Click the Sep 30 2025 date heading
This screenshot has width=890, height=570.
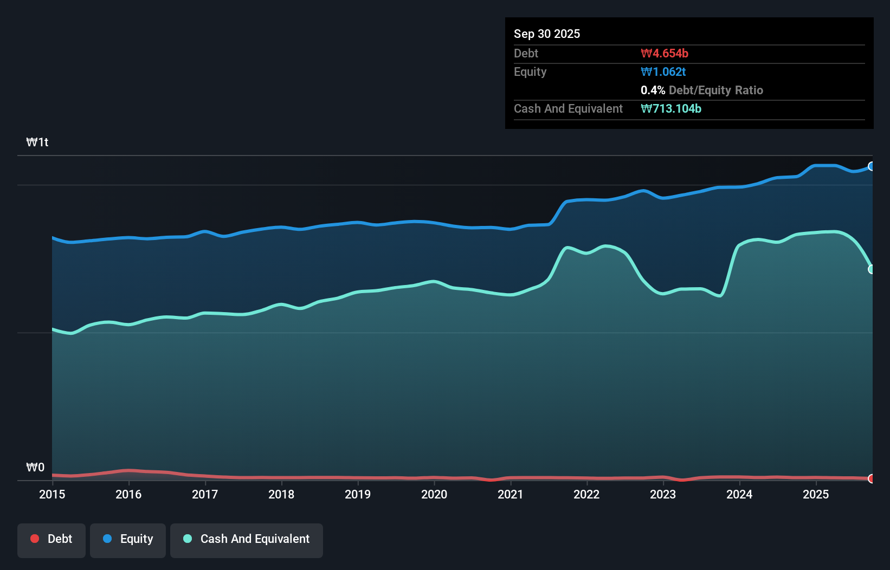tap(546, 34)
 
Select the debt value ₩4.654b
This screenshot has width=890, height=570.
tap(664, 53)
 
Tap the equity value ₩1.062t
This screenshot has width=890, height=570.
tap(663, 72)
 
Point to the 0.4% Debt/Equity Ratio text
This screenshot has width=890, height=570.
tap(701, 90)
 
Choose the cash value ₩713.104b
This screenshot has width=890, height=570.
tap(670, 108)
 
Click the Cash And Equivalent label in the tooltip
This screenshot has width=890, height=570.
tap(568, 108)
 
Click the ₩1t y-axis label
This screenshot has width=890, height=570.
tap(37, 142)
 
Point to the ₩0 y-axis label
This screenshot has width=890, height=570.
tap(35, 467)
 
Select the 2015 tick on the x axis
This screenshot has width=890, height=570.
tap(52, 494)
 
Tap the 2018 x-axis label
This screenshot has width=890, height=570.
tap(281, 494)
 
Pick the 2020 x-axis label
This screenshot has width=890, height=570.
tap(434, 494)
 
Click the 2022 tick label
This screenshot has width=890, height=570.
tap(586, 494)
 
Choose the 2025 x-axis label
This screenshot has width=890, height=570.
tap(816, 494)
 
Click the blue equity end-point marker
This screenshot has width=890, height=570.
tap(872, 166)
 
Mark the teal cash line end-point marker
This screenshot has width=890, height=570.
tap(872, 269)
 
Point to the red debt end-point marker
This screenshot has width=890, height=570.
tap(872, 478)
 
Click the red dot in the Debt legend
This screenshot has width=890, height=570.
tap(35, 539)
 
